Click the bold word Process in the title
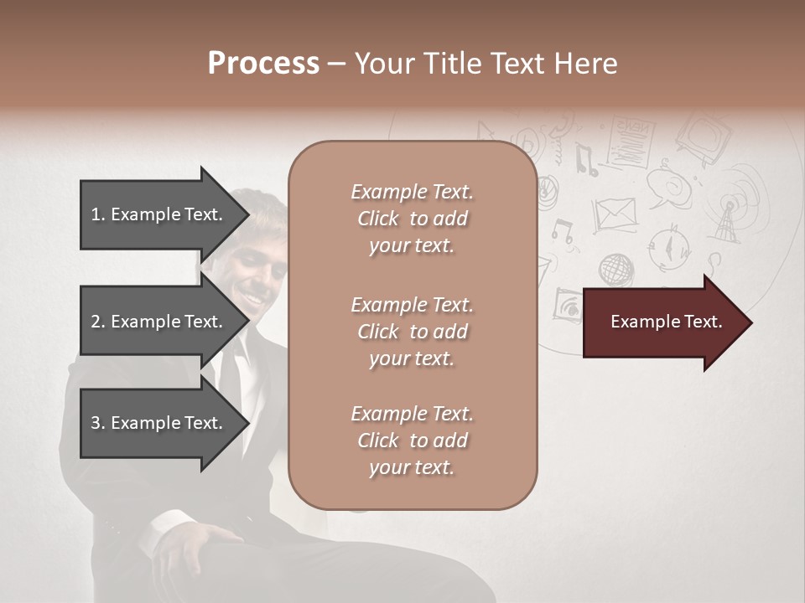(263, 64)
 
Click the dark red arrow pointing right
(667, 322)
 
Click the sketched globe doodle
(616, 270)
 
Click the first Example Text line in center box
(412, 192)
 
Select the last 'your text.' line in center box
(412, 467)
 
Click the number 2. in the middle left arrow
(98, 322)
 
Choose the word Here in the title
(586, 64)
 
